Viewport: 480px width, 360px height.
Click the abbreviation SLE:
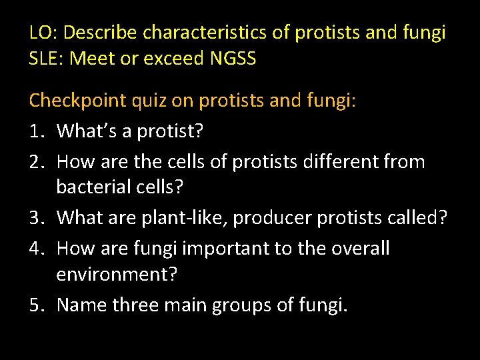47,59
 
